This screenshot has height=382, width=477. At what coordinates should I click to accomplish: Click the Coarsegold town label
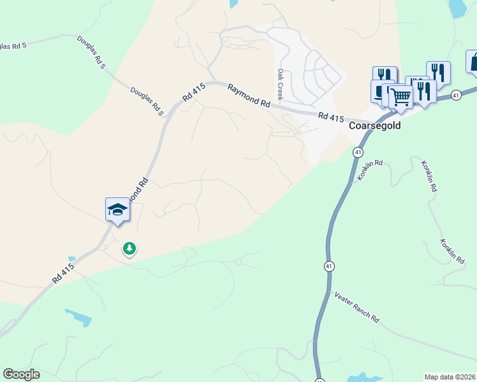coord(375,125)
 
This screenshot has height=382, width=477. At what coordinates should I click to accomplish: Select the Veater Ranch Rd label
coord(357,308)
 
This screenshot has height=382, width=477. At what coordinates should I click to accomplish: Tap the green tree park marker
coord(129,248)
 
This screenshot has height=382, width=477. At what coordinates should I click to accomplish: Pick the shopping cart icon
coord(400,97)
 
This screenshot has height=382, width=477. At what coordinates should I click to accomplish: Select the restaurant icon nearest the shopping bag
coord(438,71)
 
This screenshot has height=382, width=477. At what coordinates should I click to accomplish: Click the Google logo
coord(21,374)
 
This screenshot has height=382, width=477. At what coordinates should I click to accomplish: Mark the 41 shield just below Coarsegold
coord(358,153)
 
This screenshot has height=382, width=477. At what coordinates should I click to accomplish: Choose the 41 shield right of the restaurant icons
coord(455,95)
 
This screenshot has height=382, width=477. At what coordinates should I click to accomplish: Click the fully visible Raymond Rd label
coord(249,94)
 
